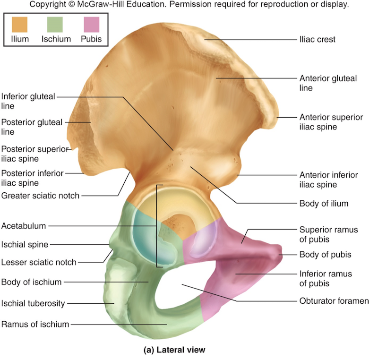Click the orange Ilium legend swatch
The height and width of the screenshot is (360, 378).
[19, 24]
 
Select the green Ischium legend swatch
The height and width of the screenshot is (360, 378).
[56, 24]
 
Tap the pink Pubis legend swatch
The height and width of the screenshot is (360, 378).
[91, 24]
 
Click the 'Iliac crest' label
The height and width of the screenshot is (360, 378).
[317, 40]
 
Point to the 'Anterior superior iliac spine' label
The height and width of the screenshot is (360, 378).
[331, 122]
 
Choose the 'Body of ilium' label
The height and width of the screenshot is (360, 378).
[324, 204]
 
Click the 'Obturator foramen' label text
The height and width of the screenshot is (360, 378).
[334, 300]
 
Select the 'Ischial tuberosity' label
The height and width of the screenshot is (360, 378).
[33, 303]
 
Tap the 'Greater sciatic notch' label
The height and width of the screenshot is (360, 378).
[40, 196]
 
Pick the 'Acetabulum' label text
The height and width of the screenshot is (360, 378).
[24, 226]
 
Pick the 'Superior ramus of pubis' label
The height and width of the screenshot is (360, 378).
[328, 234]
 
